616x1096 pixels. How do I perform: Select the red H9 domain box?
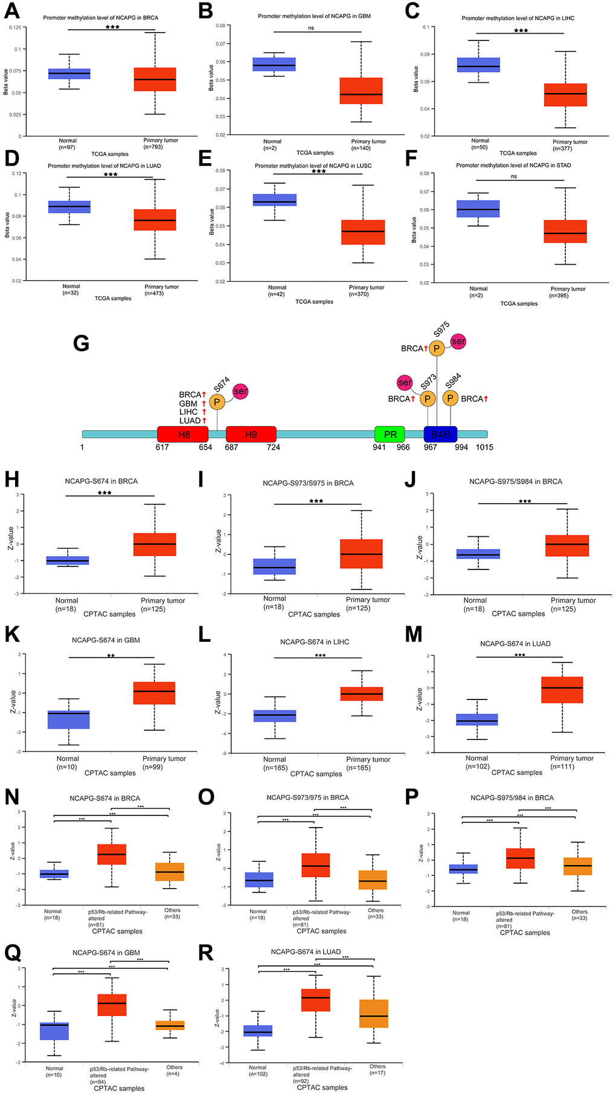251,434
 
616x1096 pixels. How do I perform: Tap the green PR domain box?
390,434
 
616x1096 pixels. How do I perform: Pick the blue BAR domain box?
440,434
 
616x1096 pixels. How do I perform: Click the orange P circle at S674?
217,401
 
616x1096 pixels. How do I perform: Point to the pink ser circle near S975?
458,342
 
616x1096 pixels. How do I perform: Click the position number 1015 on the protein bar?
484,447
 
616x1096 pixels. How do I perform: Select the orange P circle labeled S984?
450,398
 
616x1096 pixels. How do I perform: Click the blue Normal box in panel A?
69,74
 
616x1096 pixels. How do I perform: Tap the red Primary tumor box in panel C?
565,95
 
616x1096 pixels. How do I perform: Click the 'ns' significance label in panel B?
311,28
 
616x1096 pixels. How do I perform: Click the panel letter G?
81,343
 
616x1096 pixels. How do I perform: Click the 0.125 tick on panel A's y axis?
15,28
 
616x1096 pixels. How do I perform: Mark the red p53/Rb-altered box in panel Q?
112,1005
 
